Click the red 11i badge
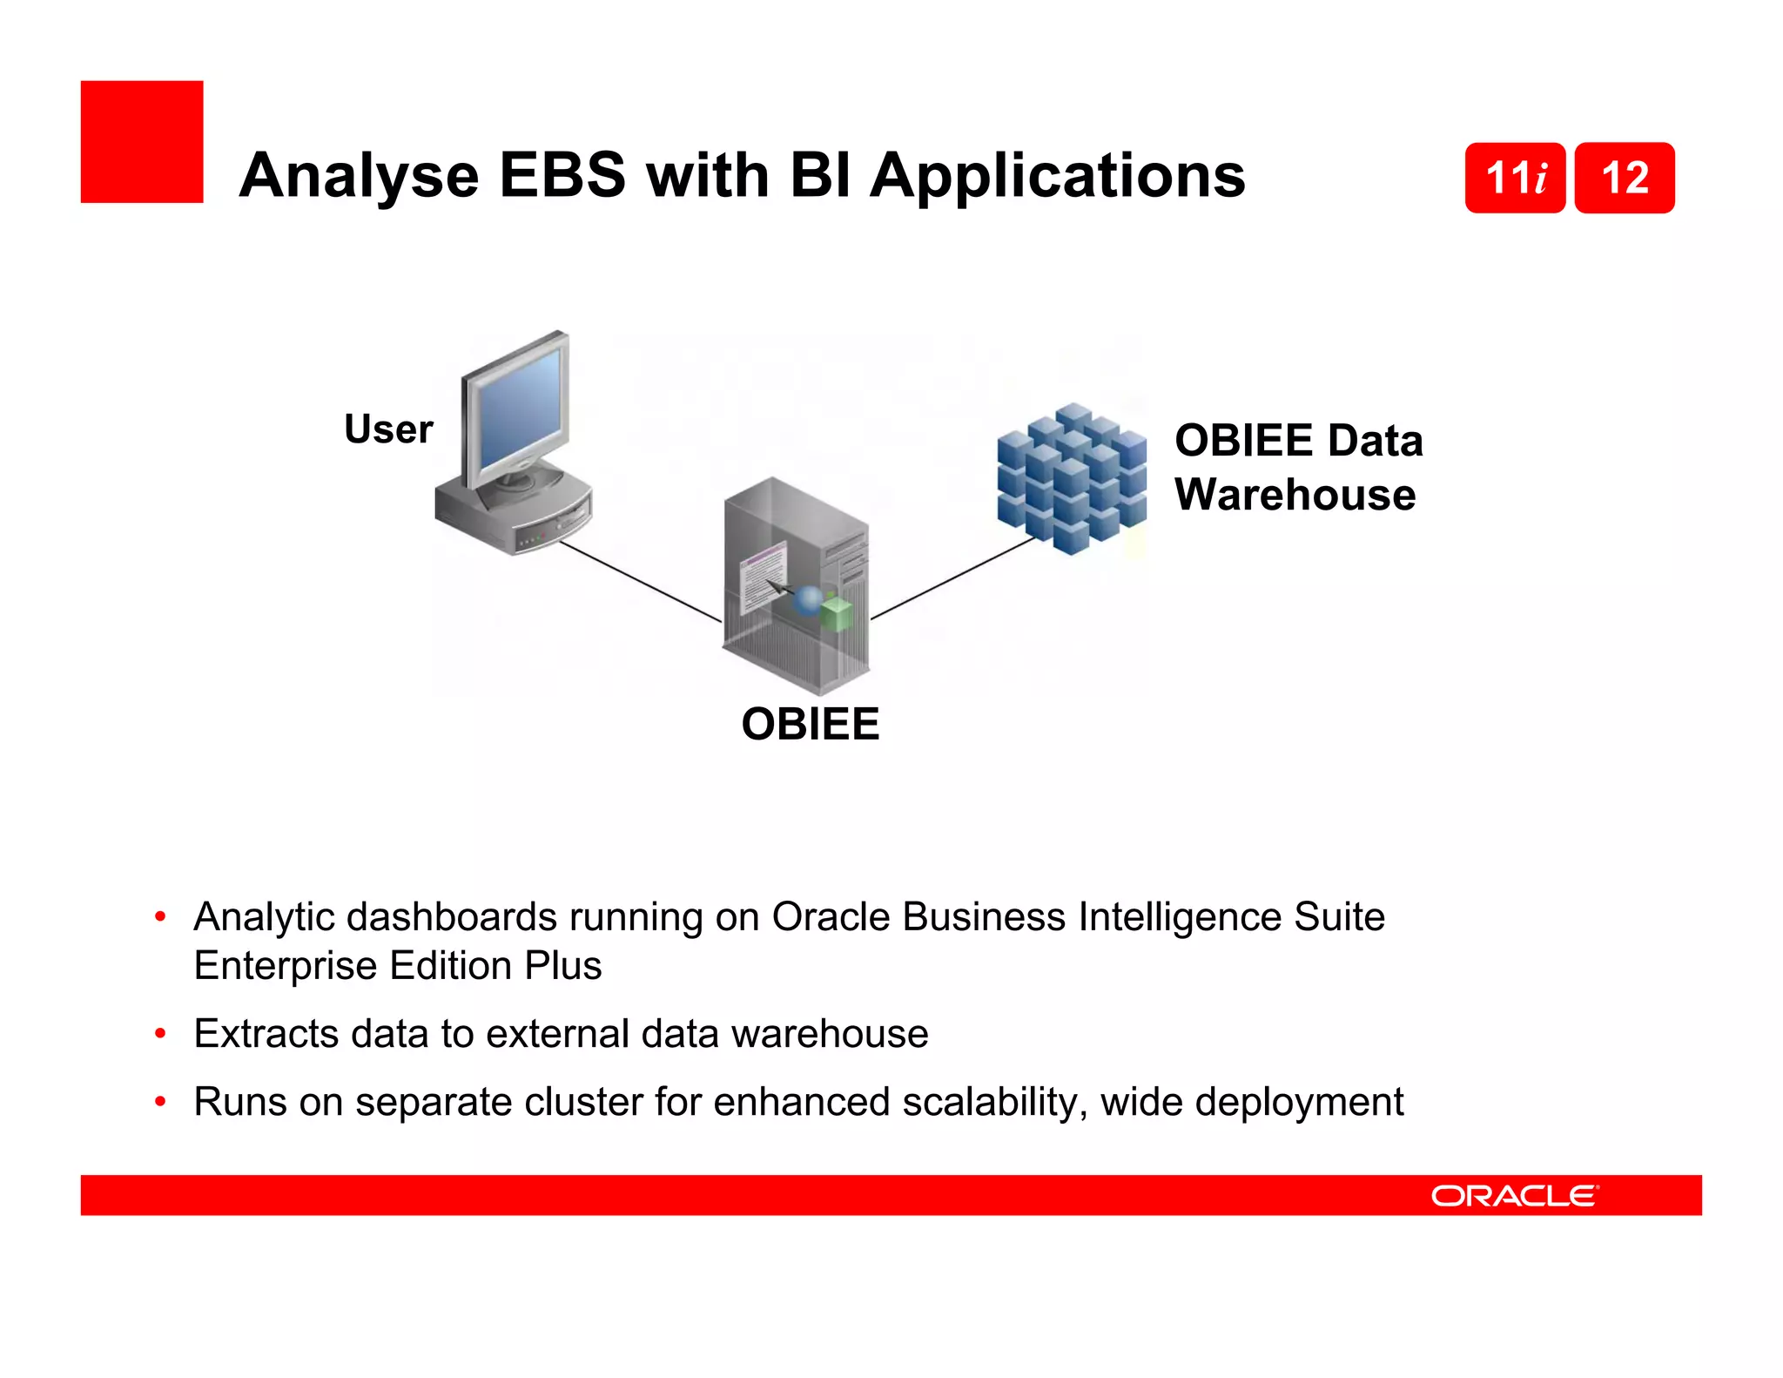tap(1515, 178)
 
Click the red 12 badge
tap(1625, 178)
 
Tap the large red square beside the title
tap(142, 142)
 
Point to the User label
tap(388, 429)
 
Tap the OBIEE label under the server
tap(810, 724)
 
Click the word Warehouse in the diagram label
tap(1295, 495)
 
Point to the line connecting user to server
tap(640, 581)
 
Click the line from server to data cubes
tap(953, 578)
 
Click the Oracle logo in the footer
tap(1514, 1196)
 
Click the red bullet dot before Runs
tap(160, 1102)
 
